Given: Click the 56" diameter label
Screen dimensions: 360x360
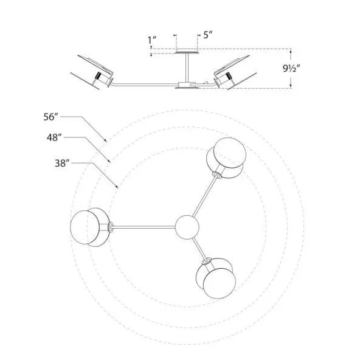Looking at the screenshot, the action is point(50,117).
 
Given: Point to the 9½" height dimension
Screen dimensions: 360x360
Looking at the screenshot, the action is point(291,69).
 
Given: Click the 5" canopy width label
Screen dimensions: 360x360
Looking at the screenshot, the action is point(207,35).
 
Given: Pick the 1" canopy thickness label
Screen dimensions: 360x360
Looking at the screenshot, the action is point(152,40).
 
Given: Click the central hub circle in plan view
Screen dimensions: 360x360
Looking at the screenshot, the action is point(187,227).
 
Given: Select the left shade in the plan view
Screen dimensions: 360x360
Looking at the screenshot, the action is point(90,227).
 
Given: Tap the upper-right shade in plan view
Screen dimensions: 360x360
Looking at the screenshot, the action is point(226,158).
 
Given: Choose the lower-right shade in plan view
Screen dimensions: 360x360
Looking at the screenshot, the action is point(216,278).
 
